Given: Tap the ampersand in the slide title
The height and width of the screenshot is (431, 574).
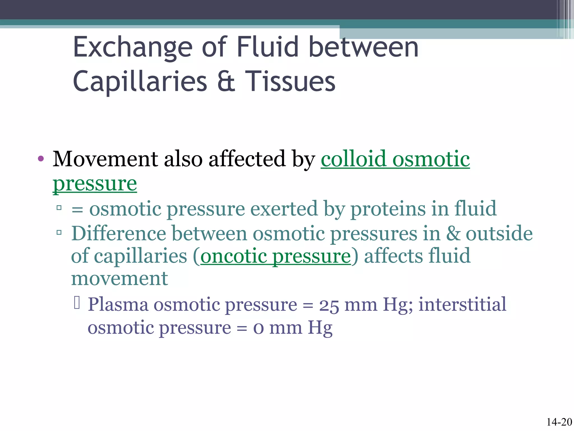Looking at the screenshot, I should click(x=226, y=81).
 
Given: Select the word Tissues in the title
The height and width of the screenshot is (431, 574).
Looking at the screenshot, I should click(x=290, y=81).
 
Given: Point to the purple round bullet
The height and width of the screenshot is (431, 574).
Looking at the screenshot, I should click(x=41, y=159).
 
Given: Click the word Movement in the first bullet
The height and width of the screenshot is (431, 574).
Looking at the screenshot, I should click(x=105, y=159).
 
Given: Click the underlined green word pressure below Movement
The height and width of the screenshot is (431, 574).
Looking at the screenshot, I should click(x=95, y=184).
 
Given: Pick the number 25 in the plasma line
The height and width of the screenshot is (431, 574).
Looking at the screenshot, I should click(x=329, y=305).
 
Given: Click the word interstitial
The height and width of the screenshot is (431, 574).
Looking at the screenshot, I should click(x=462, y=304).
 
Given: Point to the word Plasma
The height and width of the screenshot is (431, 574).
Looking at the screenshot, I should click(x=118, y=305).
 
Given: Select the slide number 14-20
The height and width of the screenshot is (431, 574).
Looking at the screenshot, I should click(x=559, y=422).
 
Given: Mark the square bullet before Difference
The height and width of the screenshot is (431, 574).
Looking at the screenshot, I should click(x=59, y=232).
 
